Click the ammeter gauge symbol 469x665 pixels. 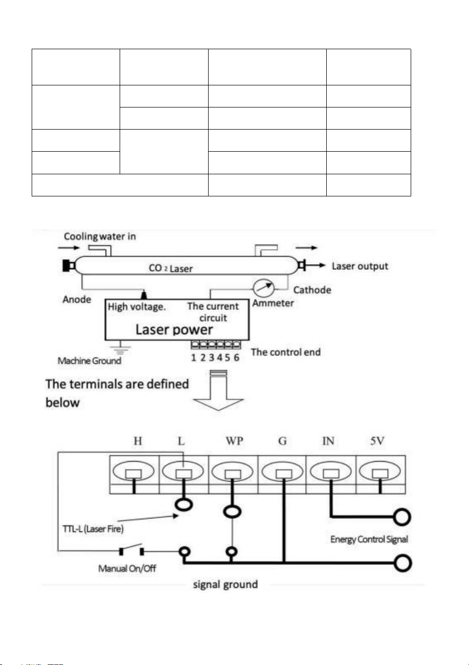pyautogui.click(x=263, y=288)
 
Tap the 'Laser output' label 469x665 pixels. pyautogui.click(x=360, y=266)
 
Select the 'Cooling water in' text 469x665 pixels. pyautogui.click(x=100, y=237)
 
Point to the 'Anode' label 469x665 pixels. pyautogui.click(x=77, y=299)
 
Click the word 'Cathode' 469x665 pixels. pyautogui.click(x=312, y=290)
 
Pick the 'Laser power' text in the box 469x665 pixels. pyautogui.click(x=174, y=329)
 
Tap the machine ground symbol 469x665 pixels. pyautogui.click(x=120, y=348)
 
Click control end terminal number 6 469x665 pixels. pyautogui.click(x=236, y=358)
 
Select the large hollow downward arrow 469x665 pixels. pyautogui.click(x=219, y=390)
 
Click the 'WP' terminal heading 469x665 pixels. pyautogui.click(x=234, y=441)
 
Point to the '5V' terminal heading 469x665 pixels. pyautogui.click(x=377, y=441)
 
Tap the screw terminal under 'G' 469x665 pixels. pyautogui.click(x=283, y=472)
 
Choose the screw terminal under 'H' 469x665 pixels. pyautogui.click(x=133, y=472)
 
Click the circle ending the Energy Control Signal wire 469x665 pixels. pyautogui.click(x=402, y=517)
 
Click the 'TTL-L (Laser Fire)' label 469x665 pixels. pyautogui.click(x=93, y=529)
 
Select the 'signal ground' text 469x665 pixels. pyautogui.click(x=225, y=584)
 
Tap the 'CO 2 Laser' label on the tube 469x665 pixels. pyautogui.click(x=170, y=268)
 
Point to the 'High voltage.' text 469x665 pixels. pyautogui.click(x=137, y=307)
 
